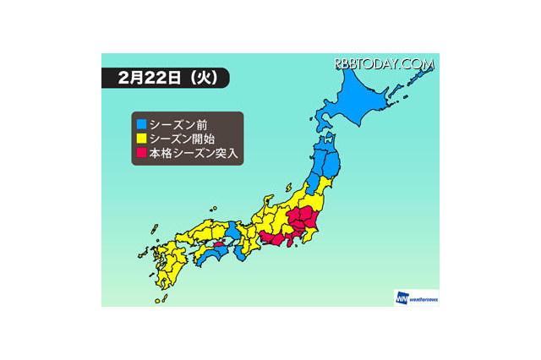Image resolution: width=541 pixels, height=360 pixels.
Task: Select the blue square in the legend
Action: point(140,123)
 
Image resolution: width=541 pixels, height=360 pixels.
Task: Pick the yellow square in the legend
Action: point(140,139)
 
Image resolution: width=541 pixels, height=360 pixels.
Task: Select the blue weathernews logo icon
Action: point(401,297)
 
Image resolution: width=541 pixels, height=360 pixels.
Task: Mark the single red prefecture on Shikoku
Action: point(219,248)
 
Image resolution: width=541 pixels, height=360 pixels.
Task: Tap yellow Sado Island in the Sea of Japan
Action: point(290,186)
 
